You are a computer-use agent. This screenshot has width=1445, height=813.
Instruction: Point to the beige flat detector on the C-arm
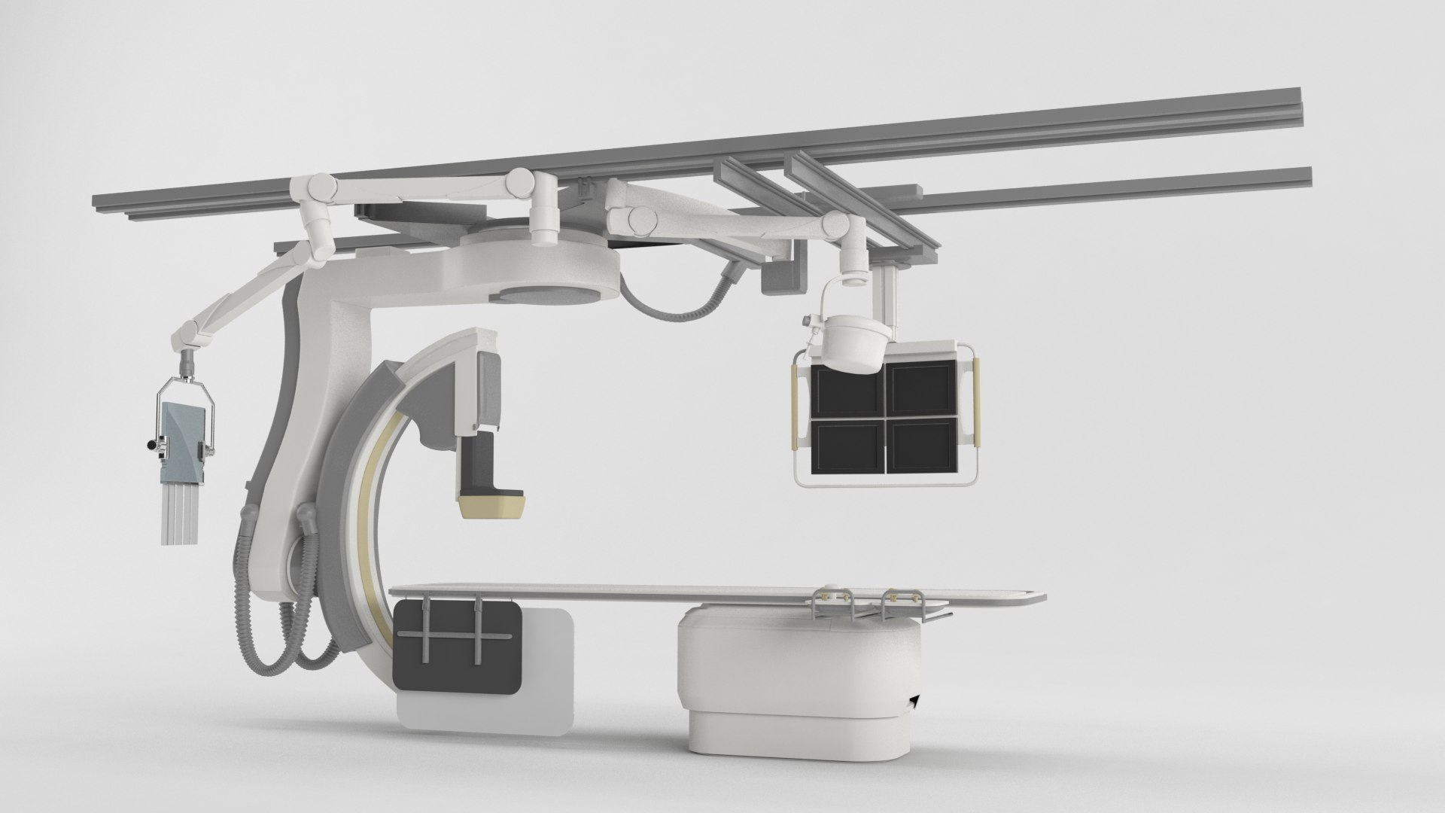point(493,506)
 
